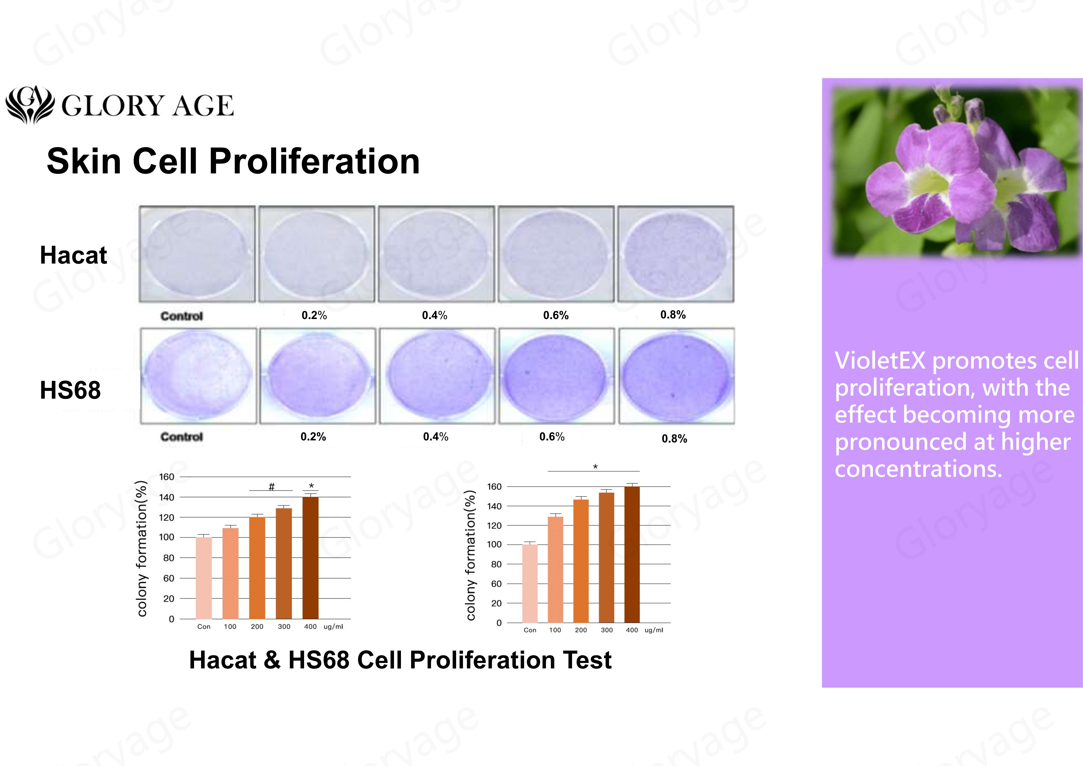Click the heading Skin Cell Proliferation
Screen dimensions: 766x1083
point(233,161)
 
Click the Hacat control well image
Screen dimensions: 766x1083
point(197,254)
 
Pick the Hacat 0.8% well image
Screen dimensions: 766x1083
point(676,254)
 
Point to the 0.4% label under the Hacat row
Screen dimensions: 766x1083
point(435,315)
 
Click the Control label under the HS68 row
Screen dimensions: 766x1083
point(182,437)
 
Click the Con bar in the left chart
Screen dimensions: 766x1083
point(204,578)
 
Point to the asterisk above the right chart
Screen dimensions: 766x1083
point(595,467)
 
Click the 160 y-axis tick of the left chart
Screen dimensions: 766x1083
point(167,477)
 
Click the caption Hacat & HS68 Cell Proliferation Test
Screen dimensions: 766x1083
point(400,660)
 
